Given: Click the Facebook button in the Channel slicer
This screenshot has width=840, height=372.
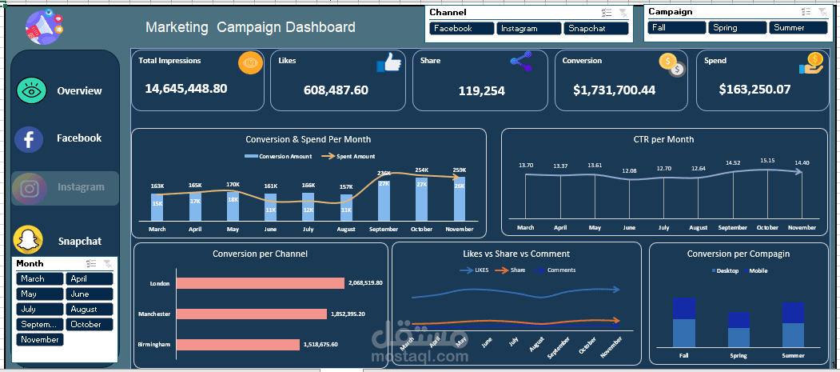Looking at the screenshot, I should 462,28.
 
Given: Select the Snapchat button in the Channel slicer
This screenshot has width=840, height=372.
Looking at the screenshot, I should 596,28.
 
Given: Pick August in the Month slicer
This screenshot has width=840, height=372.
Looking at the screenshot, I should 90,309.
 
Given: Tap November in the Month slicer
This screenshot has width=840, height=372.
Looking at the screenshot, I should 40,339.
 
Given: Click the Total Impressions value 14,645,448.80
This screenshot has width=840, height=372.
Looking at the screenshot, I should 185,88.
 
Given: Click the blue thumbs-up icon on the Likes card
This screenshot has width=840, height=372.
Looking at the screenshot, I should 388,63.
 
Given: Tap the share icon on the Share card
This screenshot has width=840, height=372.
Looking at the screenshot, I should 521,62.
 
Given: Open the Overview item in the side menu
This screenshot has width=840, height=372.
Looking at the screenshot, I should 79,90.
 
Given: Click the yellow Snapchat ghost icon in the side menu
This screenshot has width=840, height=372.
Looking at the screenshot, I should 28,240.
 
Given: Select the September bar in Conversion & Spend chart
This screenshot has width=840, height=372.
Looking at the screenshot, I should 384,200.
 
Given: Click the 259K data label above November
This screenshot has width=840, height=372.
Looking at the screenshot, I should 459,170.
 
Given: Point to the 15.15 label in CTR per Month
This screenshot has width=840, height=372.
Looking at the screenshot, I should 767,161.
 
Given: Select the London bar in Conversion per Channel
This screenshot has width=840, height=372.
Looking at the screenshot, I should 260,283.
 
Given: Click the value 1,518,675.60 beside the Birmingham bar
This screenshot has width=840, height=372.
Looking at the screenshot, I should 320,344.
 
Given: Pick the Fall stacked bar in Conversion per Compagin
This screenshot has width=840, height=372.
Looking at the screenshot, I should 683,322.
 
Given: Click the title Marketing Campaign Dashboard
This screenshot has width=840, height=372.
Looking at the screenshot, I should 250,27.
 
